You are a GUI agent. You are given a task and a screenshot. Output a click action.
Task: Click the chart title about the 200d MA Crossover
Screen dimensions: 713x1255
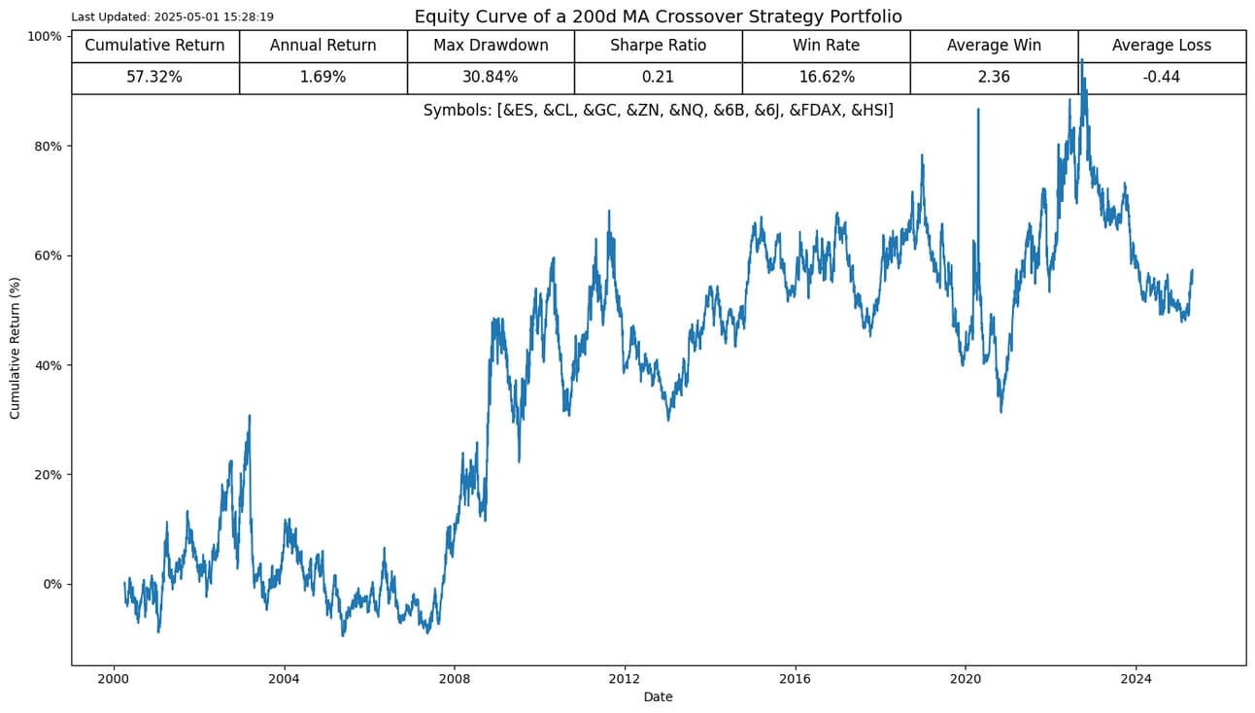pyautogui.click(x=658, y=17)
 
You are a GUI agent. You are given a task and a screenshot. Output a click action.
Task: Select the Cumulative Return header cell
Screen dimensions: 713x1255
pyautogui.click(x=155, y=46)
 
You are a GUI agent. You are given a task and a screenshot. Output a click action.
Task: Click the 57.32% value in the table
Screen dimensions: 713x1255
pyautogui.click(x=155, y=78)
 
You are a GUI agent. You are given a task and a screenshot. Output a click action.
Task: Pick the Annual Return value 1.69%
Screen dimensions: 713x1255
pyautogui.click(x=322, y=78)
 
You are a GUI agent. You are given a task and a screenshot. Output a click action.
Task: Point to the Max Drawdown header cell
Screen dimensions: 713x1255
pyautogui.click(x=491, y=46)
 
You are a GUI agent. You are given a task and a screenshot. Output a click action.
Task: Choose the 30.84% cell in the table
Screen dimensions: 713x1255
pyautogui.click(x=491, y=78)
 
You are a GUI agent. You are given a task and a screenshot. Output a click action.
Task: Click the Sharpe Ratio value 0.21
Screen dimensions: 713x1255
pyautogui.click(x=658, y=78)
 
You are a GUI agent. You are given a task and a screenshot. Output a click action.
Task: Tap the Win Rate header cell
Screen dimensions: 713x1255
pyautogui.click(x=826, y=46)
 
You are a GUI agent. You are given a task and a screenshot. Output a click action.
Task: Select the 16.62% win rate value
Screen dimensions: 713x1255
pyautogui.click(x=826, y=78)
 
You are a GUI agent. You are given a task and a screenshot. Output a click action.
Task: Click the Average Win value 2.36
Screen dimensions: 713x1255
pyautogui.click(x=994, y=78)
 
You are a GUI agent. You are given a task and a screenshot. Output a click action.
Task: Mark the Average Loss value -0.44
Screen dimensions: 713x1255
pyautogui.click(x=1162, y=78)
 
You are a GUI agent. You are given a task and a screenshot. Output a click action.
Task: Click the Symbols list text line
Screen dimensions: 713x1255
pyautogui.click(x=658, y=111)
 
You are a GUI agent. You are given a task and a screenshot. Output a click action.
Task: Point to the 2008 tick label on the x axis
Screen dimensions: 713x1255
pyautogui.click(x=454, y=679)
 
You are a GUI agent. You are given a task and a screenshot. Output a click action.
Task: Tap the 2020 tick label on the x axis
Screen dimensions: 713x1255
pyautogui.click(x=966, y=679)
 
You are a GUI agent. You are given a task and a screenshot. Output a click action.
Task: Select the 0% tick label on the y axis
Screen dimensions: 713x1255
pyautogui.click(x=51, y=584)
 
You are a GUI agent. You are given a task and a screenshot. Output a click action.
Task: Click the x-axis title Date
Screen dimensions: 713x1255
pyautogui.click(x=658, y=696)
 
